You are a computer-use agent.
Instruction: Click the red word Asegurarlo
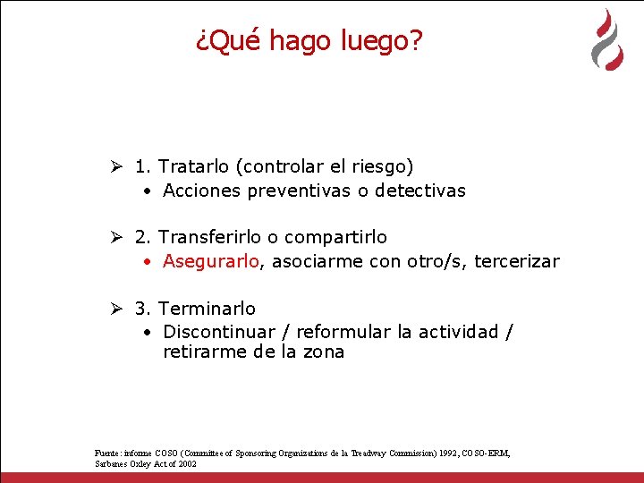[211, 261]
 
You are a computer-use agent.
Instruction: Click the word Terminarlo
[207, 309]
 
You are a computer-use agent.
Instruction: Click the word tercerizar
[516, 261]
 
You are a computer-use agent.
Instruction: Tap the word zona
[323, 352]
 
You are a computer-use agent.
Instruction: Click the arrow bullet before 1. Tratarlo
[115, 166]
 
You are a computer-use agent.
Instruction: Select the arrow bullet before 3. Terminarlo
[115, 309]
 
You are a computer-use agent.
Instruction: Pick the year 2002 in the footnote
[186, 464]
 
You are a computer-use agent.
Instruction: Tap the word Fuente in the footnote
[106, 453]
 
